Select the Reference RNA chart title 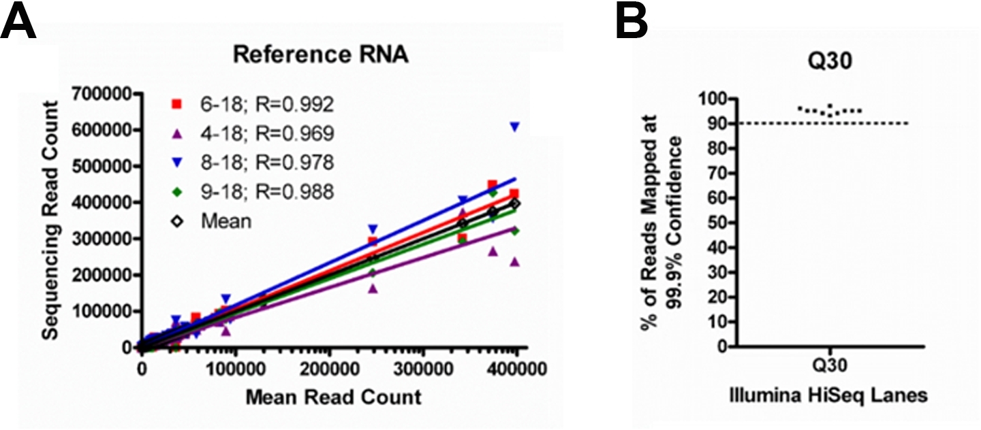point(320,55)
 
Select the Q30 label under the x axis point(830,367)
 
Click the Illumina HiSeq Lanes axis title point(830,397)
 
